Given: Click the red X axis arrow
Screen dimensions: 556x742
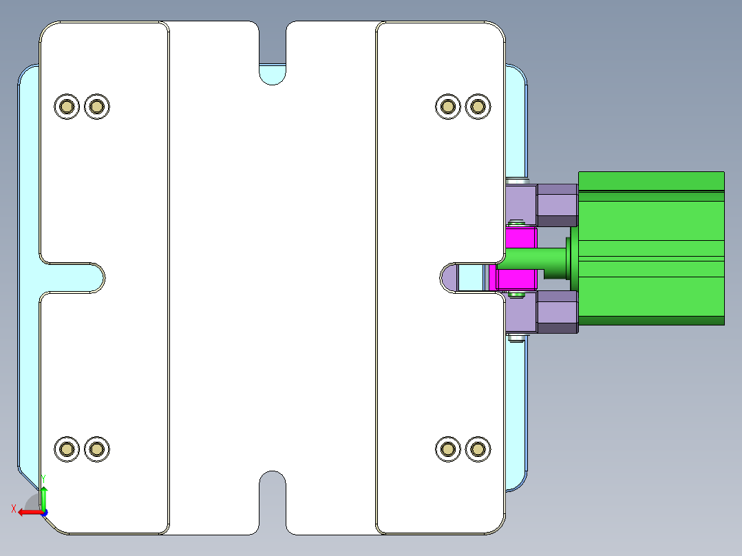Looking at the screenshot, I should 28,512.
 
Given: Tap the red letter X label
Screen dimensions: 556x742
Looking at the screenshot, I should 14,509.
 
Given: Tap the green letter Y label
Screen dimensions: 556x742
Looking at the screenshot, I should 43,478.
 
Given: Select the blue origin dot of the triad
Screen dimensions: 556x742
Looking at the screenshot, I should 44,512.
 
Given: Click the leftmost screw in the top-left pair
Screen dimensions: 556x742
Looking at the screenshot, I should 67,106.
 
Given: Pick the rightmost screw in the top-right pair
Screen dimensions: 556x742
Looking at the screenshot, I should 478,106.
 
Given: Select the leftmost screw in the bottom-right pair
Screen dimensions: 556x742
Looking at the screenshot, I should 448,449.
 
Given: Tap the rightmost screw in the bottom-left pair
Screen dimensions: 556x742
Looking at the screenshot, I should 97,449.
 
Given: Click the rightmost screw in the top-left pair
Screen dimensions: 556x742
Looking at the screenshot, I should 97,106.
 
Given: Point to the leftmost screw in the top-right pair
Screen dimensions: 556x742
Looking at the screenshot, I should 448,106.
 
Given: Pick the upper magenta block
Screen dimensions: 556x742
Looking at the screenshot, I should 521,238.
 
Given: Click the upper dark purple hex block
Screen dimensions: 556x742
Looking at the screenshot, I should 556,204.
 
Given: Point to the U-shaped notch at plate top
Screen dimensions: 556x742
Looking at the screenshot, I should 273,69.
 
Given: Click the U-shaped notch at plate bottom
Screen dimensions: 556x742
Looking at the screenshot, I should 273,495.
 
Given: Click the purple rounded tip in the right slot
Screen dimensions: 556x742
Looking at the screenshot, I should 449,277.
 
